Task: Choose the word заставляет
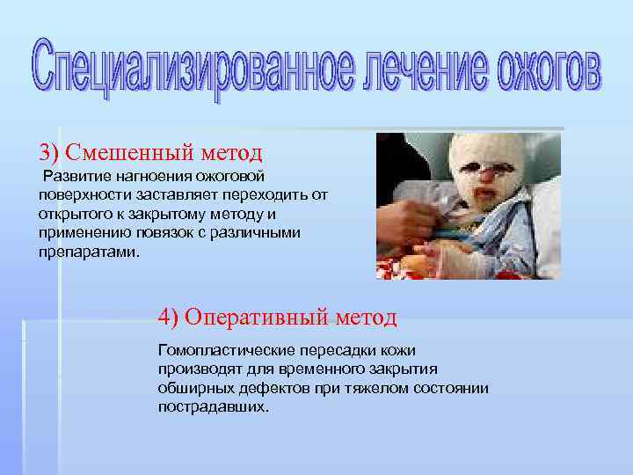pyautogui.click(x=156, y=196)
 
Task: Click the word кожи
pyautogui.click(x=399, y=350)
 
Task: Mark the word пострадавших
pyautogui.click(x=211, y=407)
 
